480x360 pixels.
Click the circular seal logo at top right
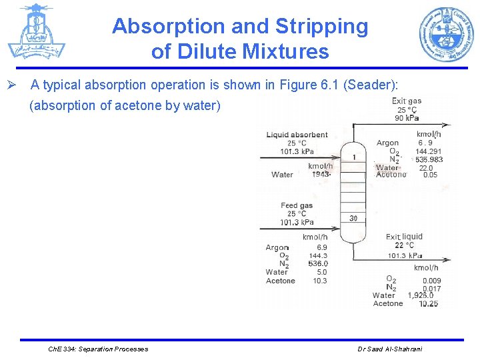click(x=446, y=34)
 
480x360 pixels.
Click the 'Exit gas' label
click(x=406, y=101)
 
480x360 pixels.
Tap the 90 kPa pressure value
click(x=407, y=118)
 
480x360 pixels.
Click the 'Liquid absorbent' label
click(x=297, y=135)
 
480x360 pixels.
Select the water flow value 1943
click(x=321, y=175)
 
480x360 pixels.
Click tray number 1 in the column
click(x=353, y=157)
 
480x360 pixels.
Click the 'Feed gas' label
click(x=297, y=205)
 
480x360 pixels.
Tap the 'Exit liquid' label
click(x=403, y=237)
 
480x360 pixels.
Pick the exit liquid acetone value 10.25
click(x=428, y=303)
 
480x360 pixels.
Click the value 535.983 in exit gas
click(x=429, y=159)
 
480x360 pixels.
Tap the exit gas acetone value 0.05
click(x=430, y=175)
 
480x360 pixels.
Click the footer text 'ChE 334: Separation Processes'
click(x=99, y=349)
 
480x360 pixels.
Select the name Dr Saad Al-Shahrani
click(x=389, y=349)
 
